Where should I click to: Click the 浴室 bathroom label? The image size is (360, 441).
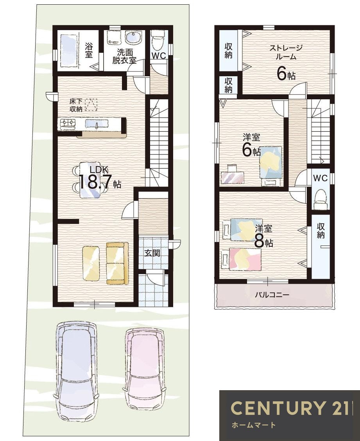89,50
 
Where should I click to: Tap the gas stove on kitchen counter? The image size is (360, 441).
68,124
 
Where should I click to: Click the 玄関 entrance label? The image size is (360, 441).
152,253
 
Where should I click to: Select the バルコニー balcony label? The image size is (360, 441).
272,295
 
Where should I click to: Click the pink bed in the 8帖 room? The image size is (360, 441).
245,259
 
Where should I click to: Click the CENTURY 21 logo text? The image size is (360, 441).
290,408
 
